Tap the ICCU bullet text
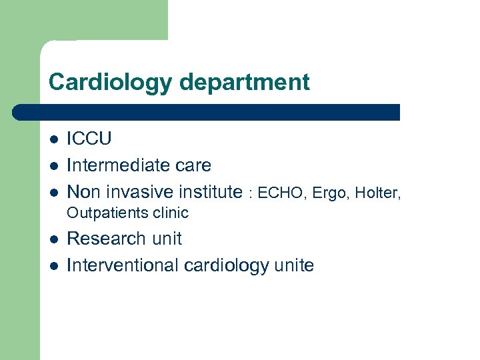[89, 139]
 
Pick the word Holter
[377, 194]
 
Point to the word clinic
[169, 213]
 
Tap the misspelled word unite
[294, 265]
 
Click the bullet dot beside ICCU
[54, 140]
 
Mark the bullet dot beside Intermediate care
[54, 166]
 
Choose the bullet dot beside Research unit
[54, 239]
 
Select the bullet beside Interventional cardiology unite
[54, 266]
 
